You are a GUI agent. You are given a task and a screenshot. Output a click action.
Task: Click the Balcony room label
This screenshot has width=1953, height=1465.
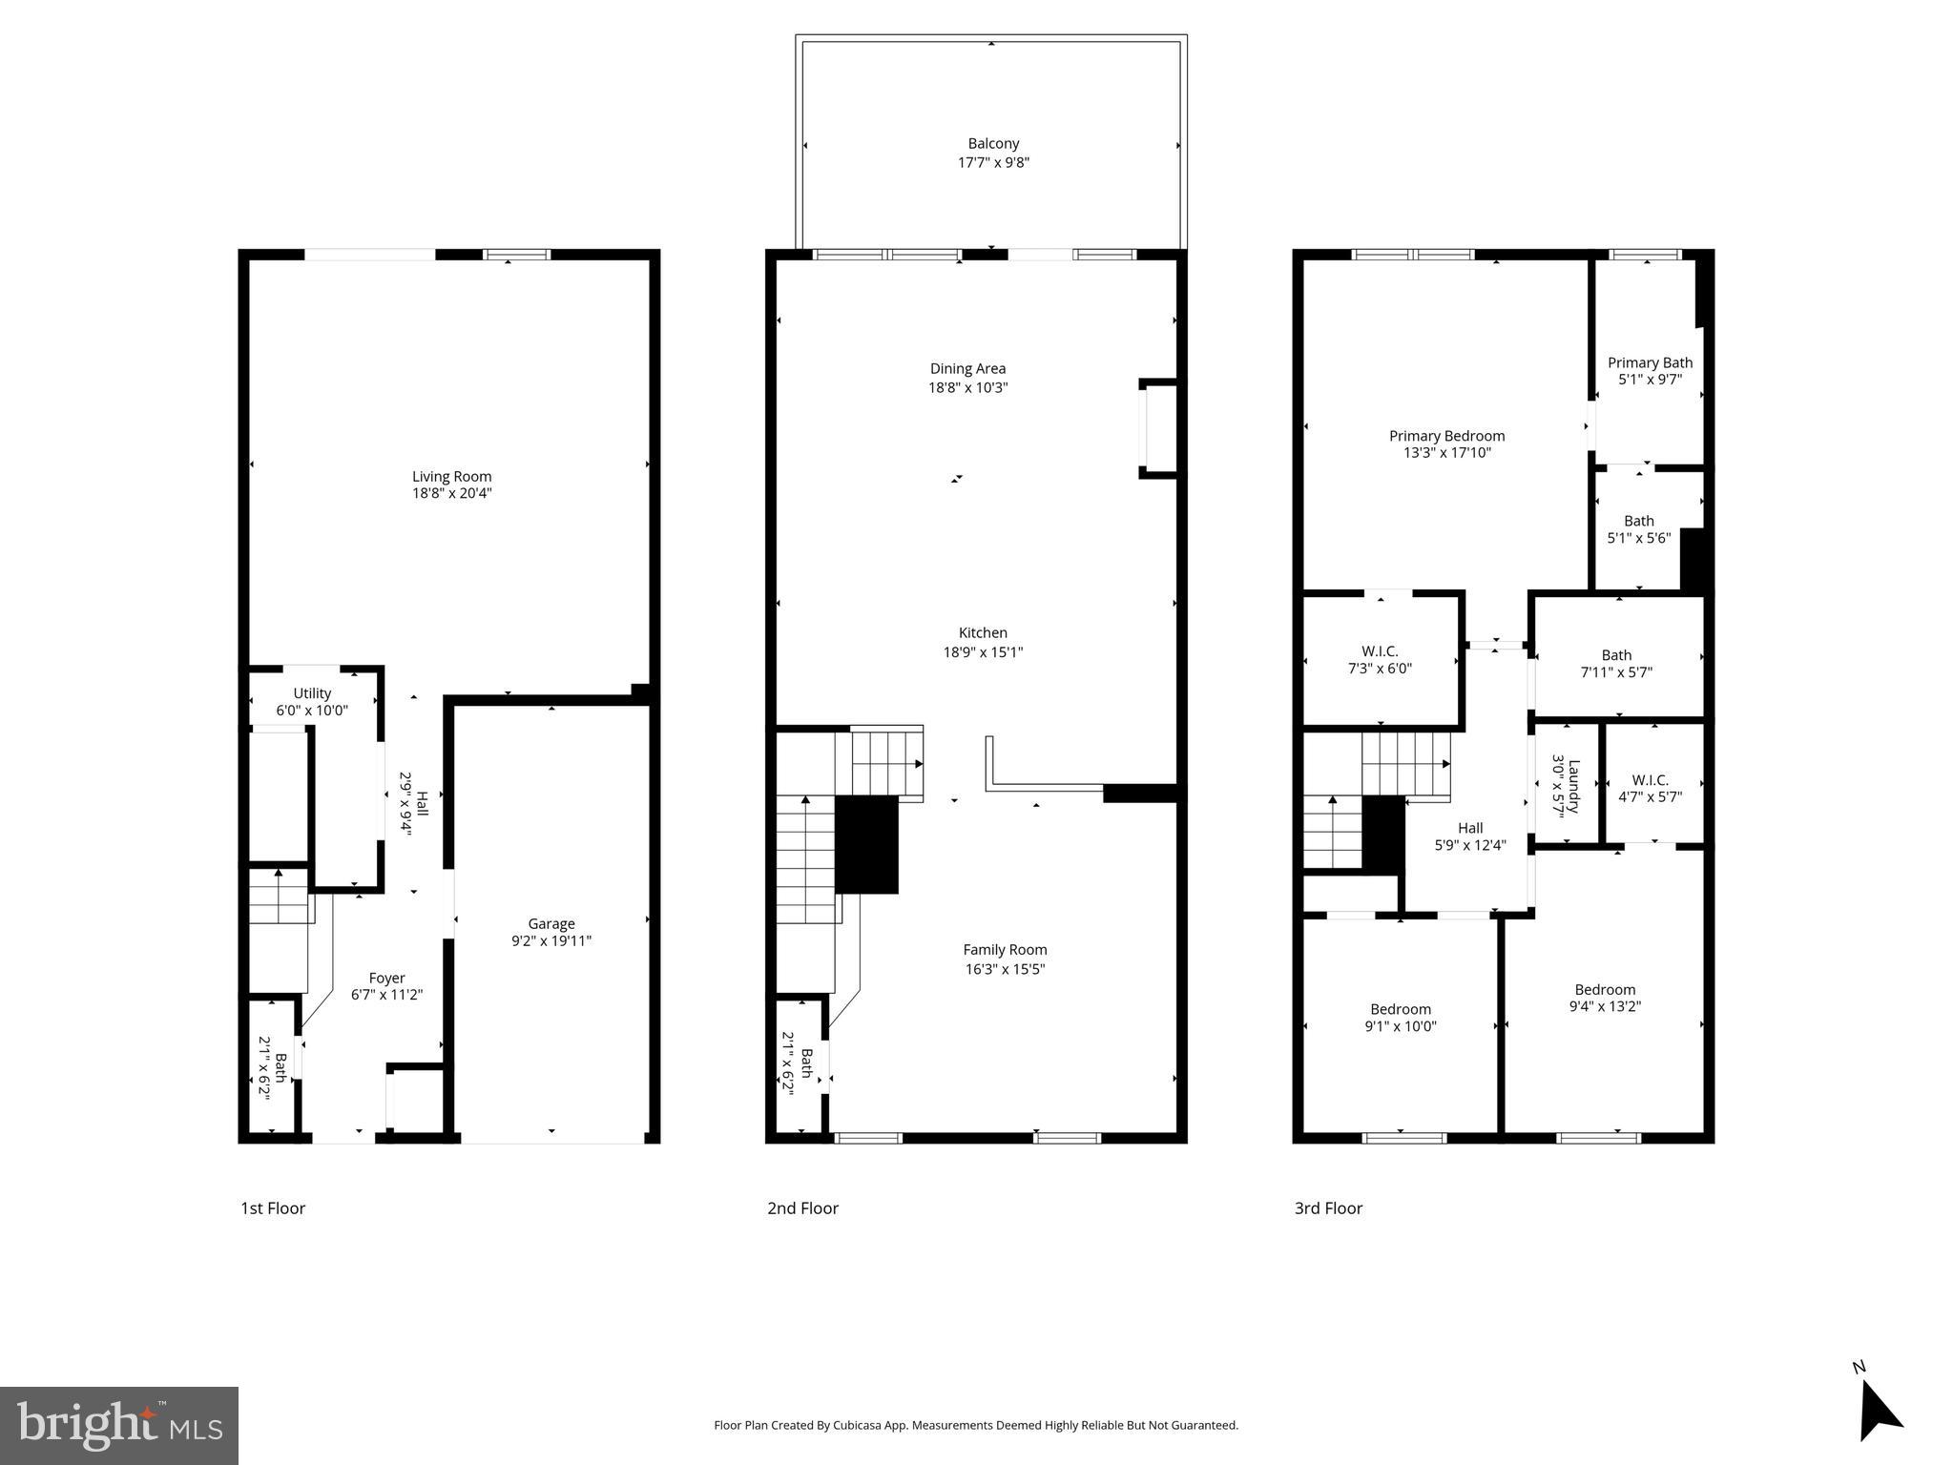(993, 144)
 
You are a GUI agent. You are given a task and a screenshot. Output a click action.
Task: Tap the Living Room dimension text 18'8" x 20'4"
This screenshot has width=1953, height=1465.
(451, 494)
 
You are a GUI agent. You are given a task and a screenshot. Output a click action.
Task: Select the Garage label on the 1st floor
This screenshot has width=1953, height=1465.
(551, 923)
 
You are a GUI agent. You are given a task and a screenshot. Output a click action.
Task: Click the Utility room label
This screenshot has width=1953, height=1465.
(312, 693)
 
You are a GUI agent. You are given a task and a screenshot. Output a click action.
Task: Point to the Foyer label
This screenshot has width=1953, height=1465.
(386, 978)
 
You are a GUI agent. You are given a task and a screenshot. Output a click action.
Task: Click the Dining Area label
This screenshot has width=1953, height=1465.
(967, 368)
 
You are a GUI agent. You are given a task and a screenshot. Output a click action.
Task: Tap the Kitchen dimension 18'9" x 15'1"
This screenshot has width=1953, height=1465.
(983, 652)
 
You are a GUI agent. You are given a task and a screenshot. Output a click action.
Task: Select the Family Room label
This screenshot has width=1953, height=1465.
(1005, 949)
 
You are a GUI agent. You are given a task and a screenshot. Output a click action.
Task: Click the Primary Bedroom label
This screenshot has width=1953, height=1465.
(1446, 436)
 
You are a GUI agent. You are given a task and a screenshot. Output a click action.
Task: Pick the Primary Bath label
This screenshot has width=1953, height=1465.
(1650, 362)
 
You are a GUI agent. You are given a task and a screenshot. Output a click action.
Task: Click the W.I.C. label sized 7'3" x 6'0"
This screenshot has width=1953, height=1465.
(1380, 651)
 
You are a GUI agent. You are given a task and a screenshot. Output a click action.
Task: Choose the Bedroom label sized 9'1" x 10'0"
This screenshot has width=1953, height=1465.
(1401, 1009)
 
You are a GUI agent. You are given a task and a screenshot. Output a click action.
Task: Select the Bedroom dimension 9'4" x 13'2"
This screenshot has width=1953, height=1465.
(1605, 1006)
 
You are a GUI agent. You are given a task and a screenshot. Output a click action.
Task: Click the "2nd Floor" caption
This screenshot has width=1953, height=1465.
(802, 1208)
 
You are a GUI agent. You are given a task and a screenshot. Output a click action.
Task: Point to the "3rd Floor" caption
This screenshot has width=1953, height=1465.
(1328, 1208)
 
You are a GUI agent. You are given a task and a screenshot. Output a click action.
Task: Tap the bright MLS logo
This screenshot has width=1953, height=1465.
(119, 1425)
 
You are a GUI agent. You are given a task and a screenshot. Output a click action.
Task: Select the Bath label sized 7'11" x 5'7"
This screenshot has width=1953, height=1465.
(1616, 655)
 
